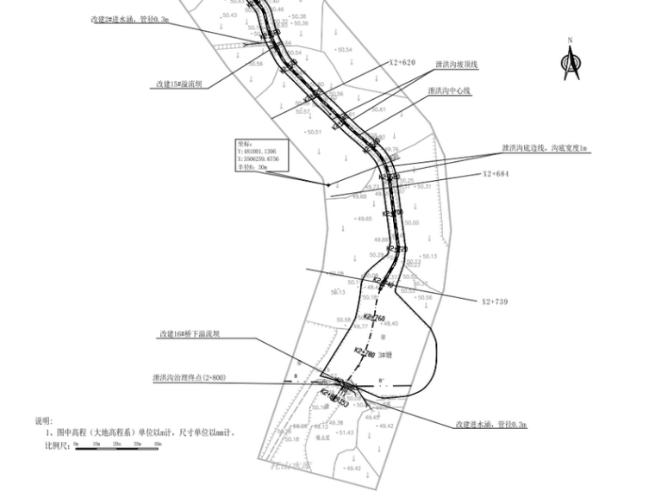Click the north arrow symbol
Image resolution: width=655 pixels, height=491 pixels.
(570, 62)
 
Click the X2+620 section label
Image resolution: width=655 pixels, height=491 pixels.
(402, 63)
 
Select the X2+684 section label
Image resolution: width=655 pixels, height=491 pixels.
(497, 174)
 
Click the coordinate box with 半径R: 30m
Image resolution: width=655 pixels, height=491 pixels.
(262, 156)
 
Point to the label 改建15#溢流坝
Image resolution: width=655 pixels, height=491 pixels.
(179, 84)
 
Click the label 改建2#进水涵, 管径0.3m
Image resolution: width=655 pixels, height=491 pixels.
(130, 17)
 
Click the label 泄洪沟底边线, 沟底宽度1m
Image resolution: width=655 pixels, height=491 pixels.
(545, 149)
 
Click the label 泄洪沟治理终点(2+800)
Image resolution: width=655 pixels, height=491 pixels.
(189, 377)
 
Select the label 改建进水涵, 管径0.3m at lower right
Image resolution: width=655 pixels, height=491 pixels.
(491, 425)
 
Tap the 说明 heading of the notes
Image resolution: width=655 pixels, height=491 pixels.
(43, 421)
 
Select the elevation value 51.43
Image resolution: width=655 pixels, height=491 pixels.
(345, 432)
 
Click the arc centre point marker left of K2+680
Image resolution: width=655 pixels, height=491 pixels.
(327, 184)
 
